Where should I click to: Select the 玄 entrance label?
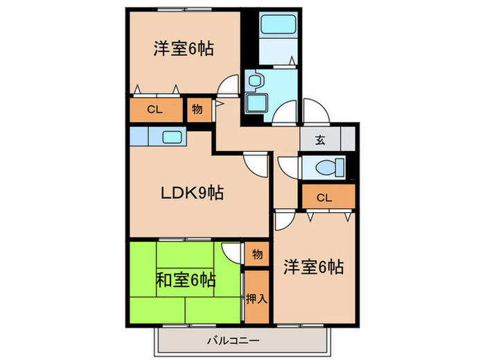click(x=320, y=139)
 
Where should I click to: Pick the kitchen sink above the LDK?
click(x=172, y=137)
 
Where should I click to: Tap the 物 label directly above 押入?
click(x=257, y=254)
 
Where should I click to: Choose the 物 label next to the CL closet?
click(x=197, y=110)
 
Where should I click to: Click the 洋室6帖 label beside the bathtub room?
click(x=183, y=49)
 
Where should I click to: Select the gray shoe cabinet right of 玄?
click(x=349, y=139)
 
